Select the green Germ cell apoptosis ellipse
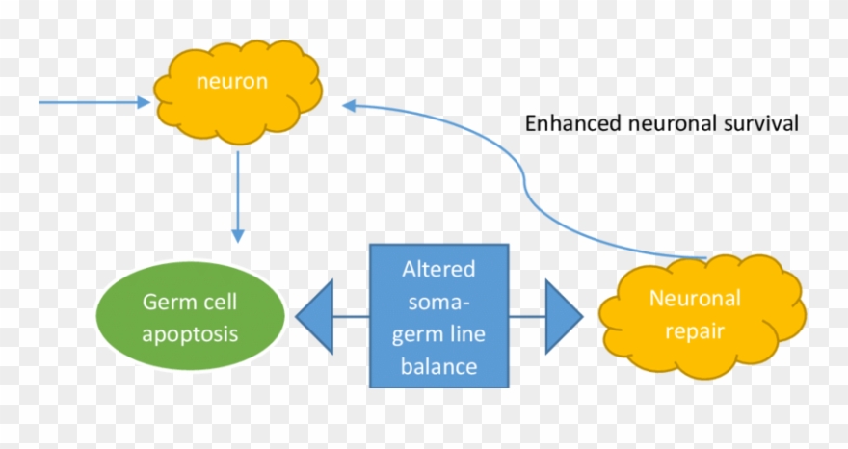pos(191,317)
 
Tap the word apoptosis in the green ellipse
pos(191,334)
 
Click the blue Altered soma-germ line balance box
pos(439,316)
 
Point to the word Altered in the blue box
pos(439,268)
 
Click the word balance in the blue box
pos(439,366)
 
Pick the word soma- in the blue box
pos(439,301)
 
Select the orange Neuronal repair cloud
pos(701,313)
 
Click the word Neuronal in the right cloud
pos(695,299)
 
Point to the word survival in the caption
pos(764,124)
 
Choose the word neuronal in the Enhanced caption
pos(672,124)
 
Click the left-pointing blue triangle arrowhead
pos(315,316)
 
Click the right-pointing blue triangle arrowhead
pos(563,316)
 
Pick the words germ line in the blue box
pos(439,333)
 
